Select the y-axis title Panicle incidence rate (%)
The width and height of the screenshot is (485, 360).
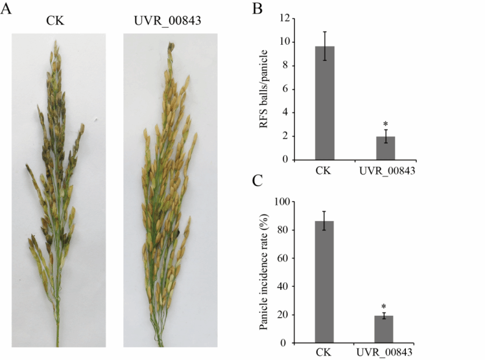tap(265, 272)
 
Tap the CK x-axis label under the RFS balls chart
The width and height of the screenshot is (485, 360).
tap(324, 171)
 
